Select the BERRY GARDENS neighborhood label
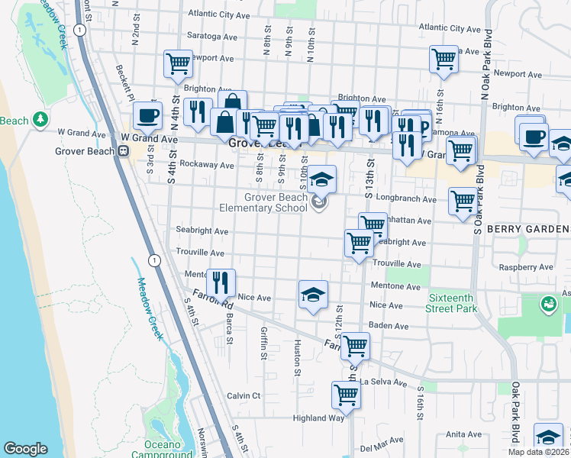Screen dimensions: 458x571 pos(532,229)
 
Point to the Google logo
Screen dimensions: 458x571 pos(25,449)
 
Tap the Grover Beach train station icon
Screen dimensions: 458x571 pos(121,151)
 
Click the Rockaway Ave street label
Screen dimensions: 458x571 pos(207,165)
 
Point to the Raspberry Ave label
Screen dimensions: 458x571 pos(525,268)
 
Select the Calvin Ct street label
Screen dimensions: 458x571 pos(244,395)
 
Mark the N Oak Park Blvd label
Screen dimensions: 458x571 pos(485,64)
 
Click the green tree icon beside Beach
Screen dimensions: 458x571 pos(39,120)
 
